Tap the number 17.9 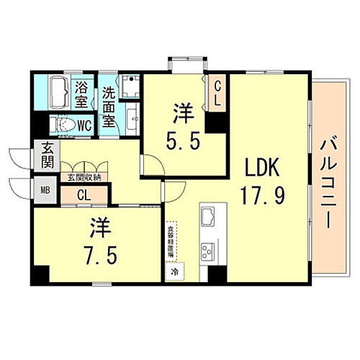click(x=264, y=194)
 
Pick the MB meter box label click(x=45, y=191)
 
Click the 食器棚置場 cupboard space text click(x=171, y=241)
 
